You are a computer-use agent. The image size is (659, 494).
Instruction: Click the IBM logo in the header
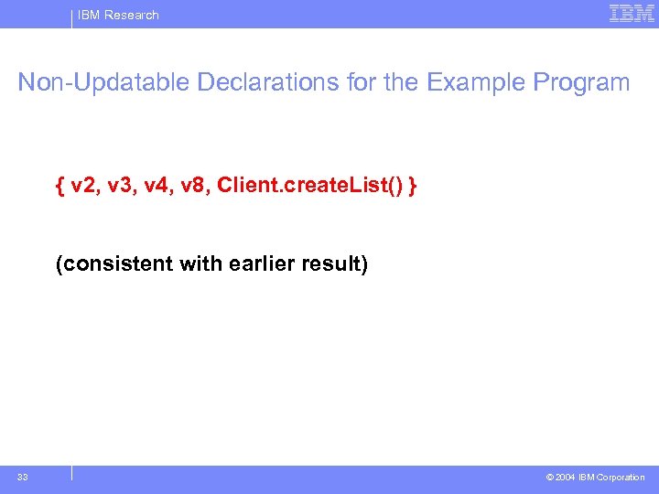[632, 14]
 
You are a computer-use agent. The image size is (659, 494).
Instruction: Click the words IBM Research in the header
[118, 15]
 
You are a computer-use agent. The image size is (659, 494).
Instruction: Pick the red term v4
[159, 187]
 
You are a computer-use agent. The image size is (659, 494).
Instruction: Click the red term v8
[197, 187]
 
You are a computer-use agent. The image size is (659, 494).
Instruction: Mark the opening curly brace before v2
[59, 187]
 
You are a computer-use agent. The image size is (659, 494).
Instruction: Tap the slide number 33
[22, 477]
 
